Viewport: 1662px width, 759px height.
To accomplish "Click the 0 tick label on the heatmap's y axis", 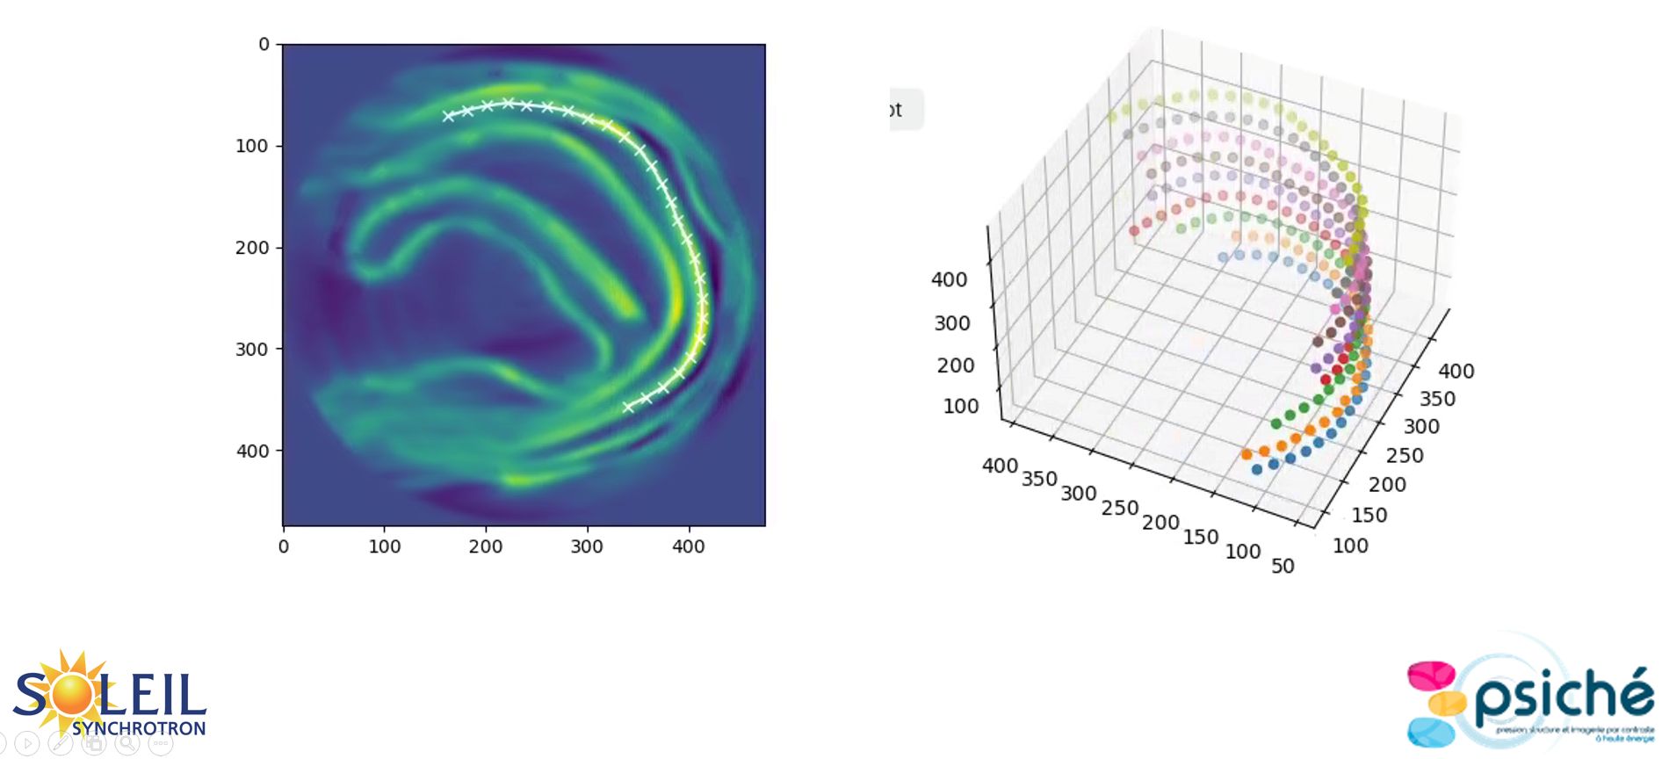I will [264, 45].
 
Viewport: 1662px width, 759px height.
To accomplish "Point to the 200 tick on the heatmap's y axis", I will [252, 248].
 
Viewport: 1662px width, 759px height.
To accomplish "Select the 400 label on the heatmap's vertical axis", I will [252, 452].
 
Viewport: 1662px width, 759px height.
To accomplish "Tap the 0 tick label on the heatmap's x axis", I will [283, 546].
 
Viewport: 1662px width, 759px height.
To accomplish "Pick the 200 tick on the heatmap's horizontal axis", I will [486, 546].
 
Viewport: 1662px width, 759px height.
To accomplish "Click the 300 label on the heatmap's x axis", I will [587, 546].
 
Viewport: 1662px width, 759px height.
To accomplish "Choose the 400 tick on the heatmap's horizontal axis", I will [689, 546].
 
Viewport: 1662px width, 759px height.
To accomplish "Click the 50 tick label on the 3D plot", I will [1283, 566].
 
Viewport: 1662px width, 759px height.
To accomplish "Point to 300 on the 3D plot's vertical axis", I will [952, 323].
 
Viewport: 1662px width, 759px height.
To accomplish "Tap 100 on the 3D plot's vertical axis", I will [960, 406].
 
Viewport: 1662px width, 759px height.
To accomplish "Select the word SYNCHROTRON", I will [139, 728].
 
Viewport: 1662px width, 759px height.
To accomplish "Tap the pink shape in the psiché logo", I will [1431, 676].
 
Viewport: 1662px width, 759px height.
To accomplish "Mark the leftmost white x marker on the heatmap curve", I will [448, 116].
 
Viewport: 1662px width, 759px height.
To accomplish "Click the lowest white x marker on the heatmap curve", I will [628, 407].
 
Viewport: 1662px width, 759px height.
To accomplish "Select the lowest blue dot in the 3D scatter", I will [1257, 469].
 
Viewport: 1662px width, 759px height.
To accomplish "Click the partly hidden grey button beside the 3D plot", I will [906, 110].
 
